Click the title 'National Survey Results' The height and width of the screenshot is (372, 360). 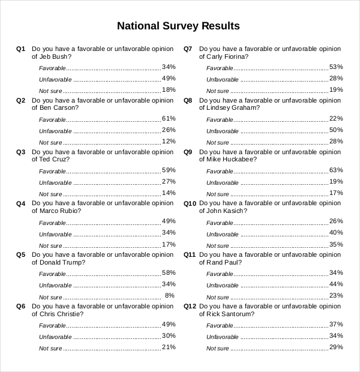click(x=178, y=26)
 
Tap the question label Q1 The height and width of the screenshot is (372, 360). click(x=21, y=49)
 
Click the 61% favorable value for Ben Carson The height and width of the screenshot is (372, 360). click(x=169, y=118)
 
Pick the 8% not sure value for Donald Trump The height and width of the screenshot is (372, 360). click(x=170, y=296)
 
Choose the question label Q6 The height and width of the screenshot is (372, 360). click(x=21, y=306)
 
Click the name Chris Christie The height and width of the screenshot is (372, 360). click(x=61, y=314)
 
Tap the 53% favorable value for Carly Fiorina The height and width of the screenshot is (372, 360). click(x=336, y=67)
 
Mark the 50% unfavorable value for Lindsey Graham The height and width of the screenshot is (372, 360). click(x=336, y=130)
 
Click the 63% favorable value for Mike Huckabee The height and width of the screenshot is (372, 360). click(x=336, y=170)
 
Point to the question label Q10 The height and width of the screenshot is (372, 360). click(x=190, y=203)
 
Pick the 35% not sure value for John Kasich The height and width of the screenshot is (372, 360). click(x=336, y=244)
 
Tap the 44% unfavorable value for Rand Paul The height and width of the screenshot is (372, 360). click(x=336, y=284)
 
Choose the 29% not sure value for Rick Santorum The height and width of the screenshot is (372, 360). click(x=336, y=347)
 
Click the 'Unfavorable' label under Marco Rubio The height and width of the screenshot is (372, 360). click(x=55, y=235)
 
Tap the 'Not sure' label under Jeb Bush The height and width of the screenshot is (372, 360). click(x=50, y=91)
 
